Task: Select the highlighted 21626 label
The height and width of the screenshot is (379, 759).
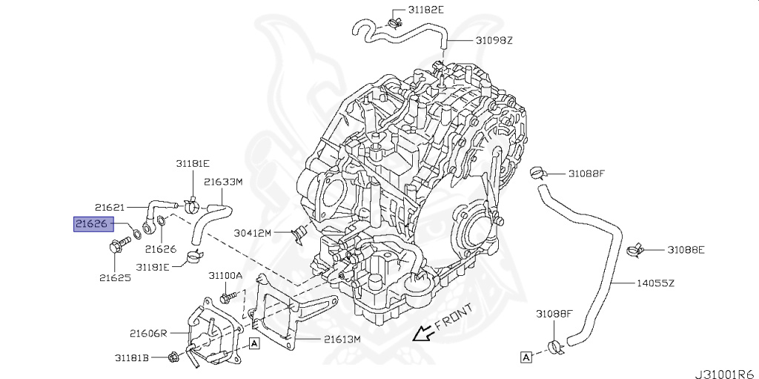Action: pyautogui.click(x=93, y=224)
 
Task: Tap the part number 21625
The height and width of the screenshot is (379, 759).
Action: pyautogui.click(x=115, y=278)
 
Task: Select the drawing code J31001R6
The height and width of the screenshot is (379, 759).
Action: pyautogui.click(x=726, y=374)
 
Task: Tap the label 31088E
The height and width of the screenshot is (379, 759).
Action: pyautogui.click(x=686, y=250)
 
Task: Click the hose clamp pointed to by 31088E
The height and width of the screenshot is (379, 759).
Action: pyautogui.click(x=635, y=250)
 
